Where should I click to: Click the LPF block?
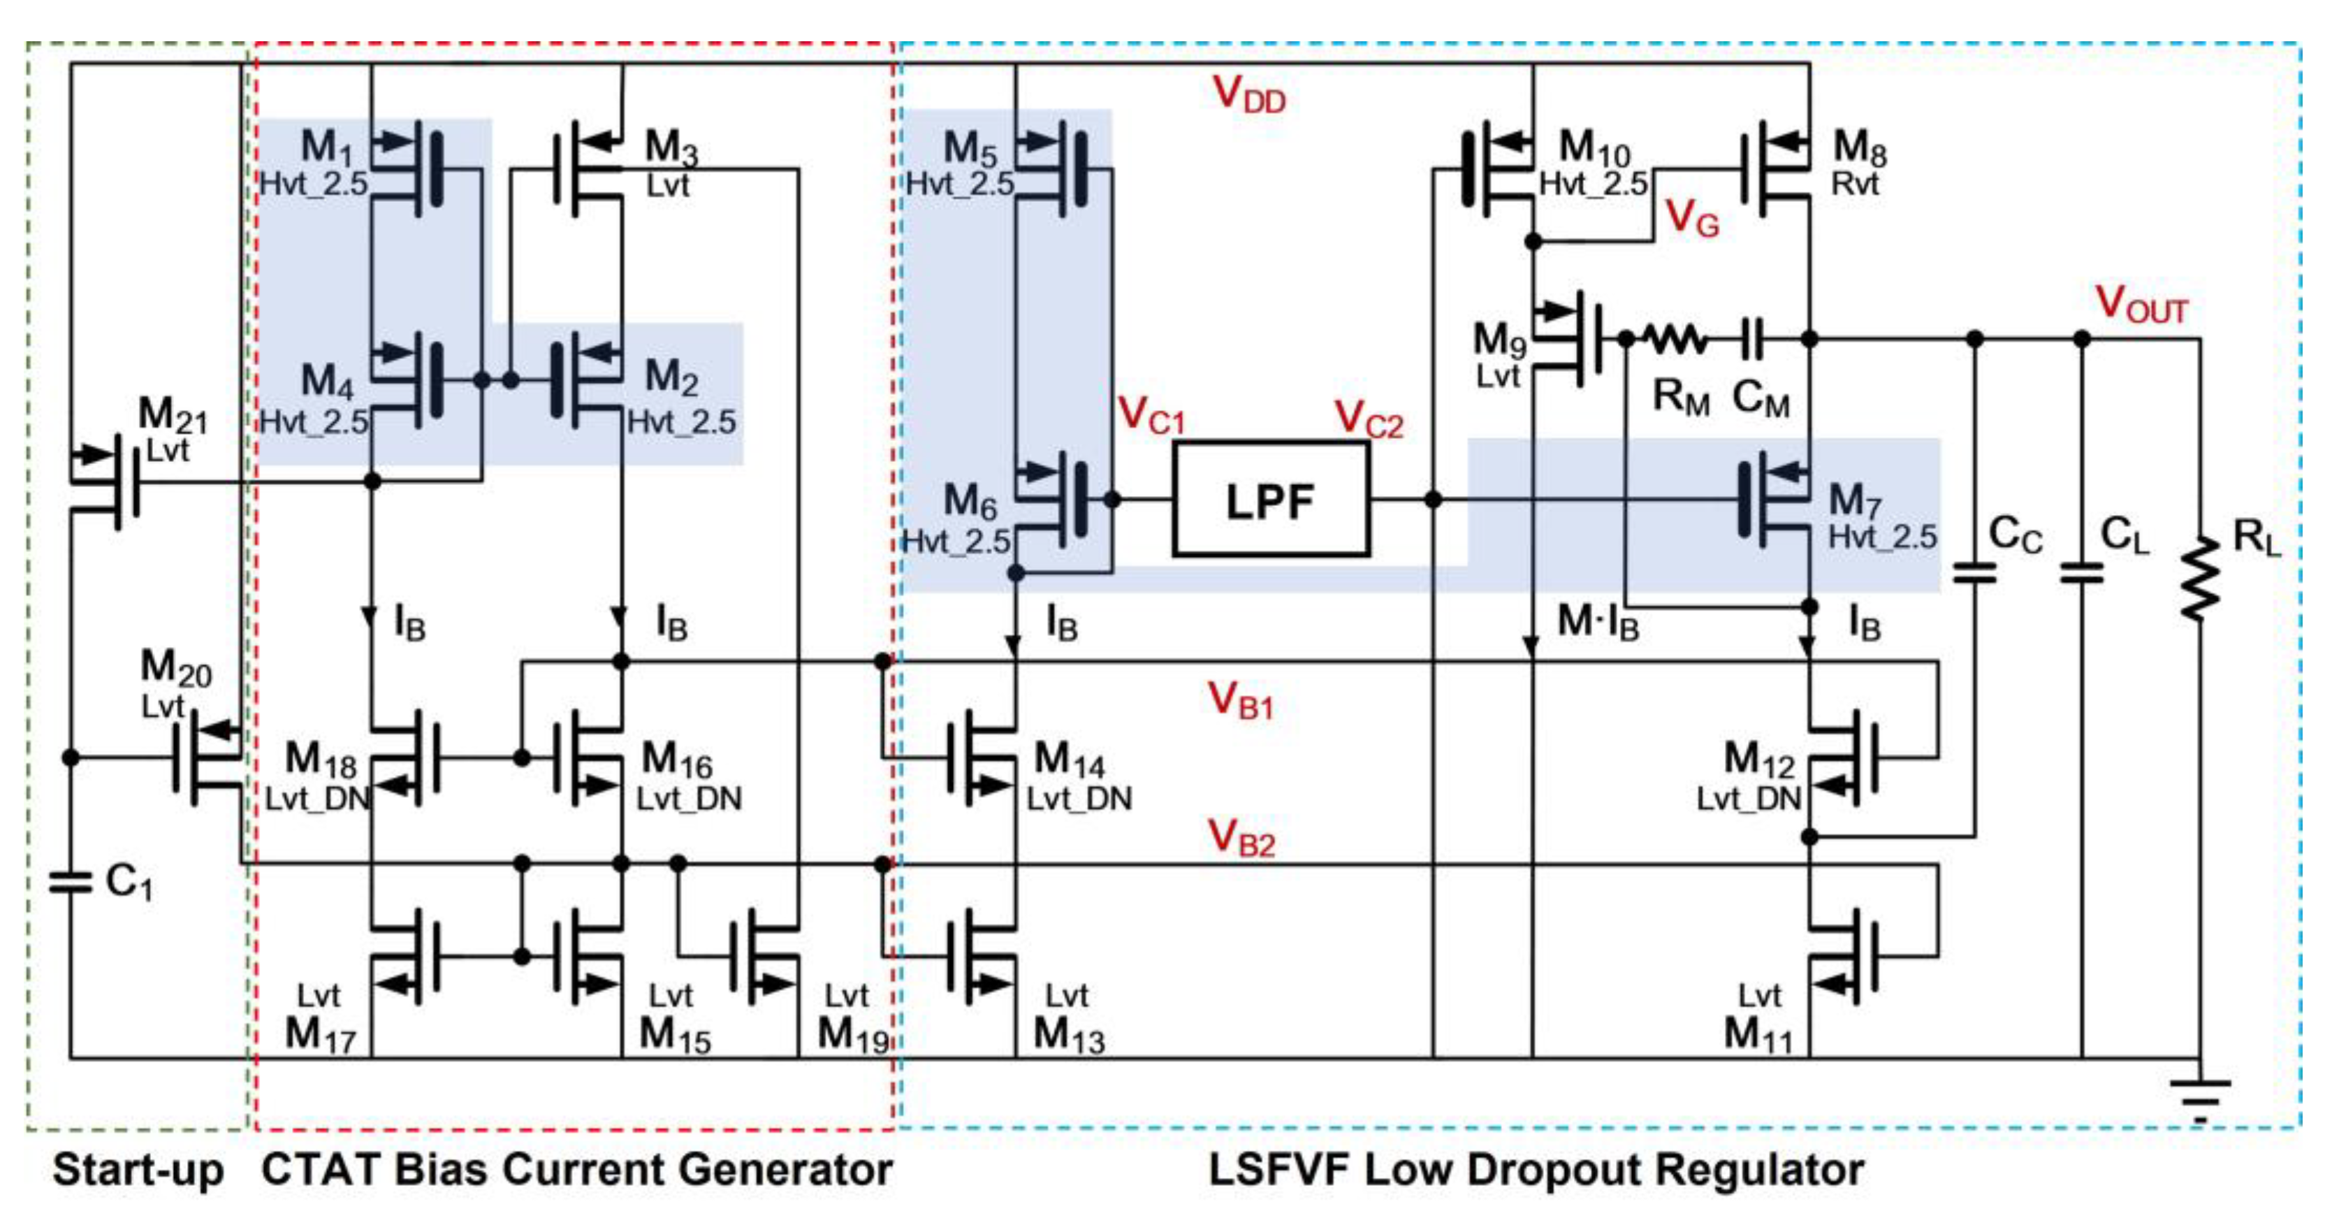[1270, 500]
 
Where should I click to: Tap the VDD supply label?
[1248, 94]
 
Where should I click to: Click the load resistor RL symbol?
[2200, 579]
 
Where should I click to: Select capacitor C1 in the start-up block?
[71, 881]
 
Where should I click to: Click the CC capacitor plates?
[1974, 572]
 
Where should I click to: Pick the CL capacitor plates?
[2081, 572]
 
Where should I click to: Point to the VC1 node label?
[1150, 416]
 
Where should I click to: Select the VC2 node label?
[1368, 419]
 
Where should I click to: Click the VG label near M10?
[1691, 218]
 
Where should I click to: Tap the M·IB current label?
[1598, 622]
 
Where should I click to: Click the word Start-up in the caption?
[138, 1169]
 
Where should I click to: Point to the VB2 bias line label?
[1241, 838]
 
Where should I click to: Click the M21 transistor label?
[172, 416]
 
